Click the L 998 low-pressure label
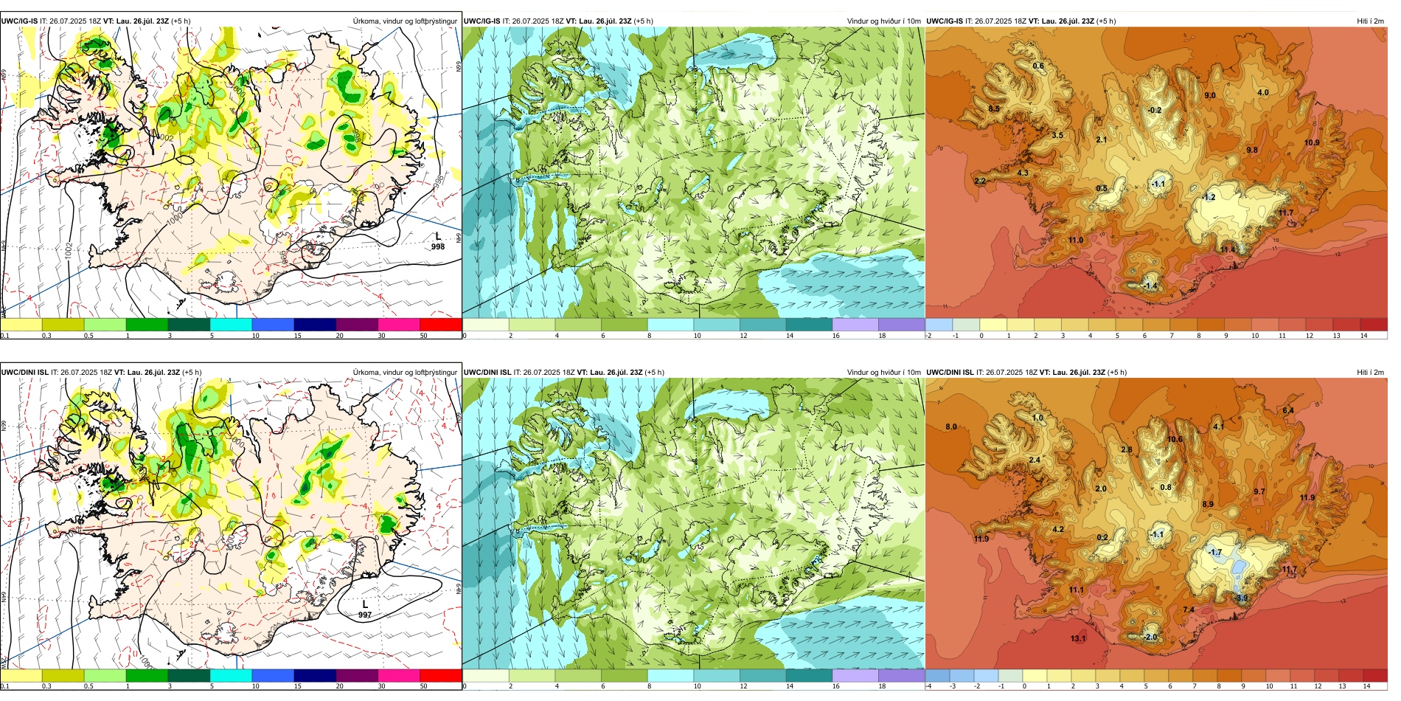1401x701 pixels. [x=438, y=242]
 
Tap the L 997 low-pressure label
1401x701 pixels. [x=365, y=610]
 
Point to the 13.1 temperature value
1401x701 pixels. [x=1078, y=638]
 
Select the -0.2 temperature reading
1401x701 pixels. [x=1155, y=110]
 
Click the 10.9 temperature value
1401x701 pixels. [x=1312, y=142]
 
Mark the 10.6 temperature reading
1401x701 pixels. [x=1175, y=439]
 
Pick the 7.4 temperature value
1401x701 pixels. [x=1189, y=610]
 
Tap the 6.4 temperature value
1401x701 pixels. [x=1288, y=410]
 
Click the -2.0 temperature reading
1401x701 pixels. [x=1150, y=637]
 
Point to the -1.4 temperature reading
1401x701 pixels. [x=1150, y=286]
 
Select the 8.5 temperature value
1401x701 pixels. [x=994, y=108]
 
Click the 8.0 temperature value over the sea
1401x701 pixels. [x=951, y=427]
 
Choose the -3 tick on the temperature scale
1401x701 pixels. [x=953, y=686]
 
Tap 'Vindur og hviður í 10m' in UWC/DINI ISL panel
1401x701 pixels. [x=883, y=372]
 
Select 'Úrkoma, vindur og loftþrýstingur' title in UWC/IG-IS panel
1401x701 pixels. [x=405, y=21]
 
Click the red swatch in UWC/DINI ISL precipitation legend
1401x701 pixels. [x=441, y=675]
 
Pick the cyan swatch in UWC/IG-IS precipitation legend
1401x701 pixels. [x=231, y=324]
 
